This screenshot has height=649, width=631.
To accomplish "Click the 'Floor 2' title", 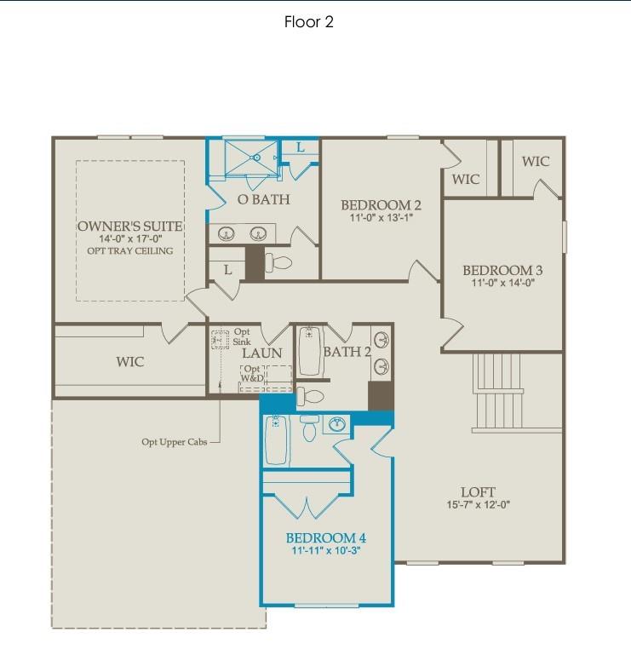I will pyautogui.click(x=308, y=22).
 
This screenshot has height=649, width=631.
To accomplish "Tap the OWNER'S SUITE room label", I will pyautogui.click(x=129, y=226).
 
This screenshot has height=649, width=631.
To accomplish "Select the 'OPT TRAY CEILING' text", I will pyautogui.click(x=129, y=251).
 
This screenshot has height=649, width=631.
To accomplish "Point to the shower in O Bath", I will pyautogui.click(x=251, y=157).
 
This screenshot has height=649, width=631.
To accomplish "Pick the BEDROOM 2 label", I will pyautogui.click(x=381, y=205).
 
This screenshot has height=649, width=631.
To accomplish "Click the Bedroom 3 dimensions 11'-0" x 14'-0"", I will pyautogui.click(x=502, y=284).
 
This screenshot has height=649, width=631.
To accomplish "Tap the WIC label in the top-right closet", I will pyautogui.click(x=536, y=161).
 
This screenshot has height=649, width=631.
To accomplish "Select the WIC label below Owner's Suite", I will pyautogui.click(x=130, y=362).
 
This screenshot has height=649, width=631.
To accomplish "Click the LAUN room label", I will pyautogui.click(x=261, y=353).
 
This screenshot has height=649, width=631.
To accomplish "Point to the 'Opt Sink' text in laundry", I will pyautogui.click(x=242, y=336).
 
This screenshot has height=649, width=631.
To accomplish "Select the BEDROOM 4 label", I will pyautogui.click(x=325, y=538).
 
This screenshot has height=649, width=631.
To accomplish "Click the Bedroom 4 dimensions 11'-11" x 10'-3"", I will pyautogui.click(x=325, y=552).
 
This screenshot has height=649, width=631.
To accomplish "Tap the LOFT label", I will pyautogui.click(x=478, y=492).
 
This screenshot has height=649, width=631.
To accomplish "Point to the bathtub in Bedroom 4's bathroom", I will pyautogui.click(x=275, y=439).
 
